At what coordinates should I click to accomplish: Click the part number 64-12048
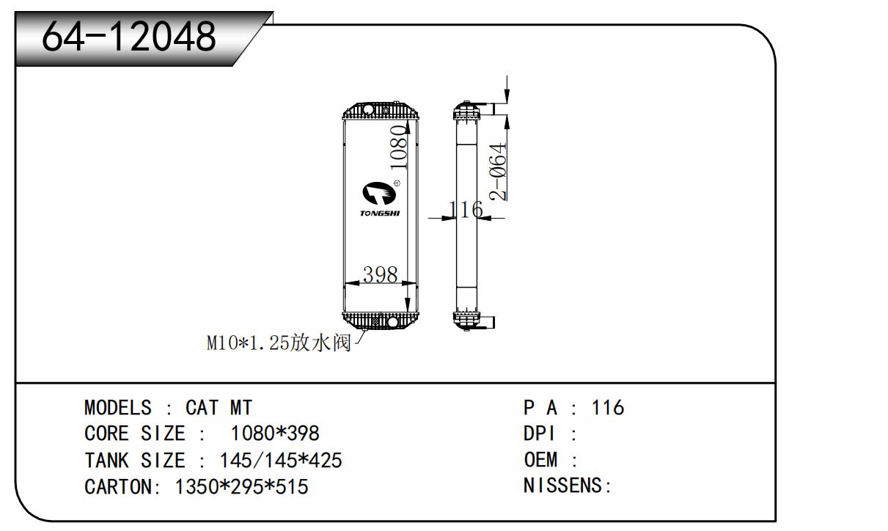(x=129, y=37)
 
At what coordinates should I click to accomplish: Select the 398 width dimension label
(x=381, y=275)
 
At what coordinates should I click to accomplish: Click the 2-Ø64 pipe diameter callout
(x=499, y=172)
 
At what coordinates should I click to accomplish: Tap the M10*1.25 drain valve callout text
(x=279, y=343)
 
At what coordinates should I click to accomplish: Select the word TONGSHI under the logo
(x=380, y=213)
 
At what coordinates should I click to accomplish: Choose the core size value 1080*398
(x=275, y=433)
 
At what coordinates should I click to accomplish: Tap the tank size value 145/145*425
(x=281, y=461)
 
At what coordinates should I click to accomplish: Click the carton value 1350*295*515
(x=241, y=486)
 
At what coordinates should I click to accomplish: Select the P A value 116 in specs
(x=608, y=408)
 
